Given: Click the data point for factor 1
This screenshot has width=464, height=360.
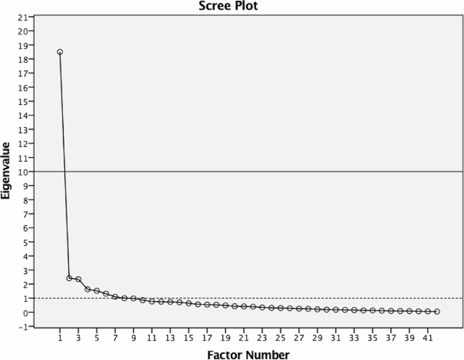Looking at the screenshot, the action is coord(60,52).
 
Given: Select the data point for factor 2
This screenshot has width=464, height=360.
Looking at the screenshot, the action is coord(69,278).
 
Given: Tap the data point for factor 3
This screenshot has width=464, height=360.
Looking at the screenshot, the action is coord(78,279).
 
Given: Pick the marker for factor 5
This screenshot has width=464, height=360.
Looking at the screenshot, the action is coord(96,291).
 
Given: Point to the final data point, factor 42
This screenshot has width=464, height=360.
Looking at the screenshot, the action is coord(437,311).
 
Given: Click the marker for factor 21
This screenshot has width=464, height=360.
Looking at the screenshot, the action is coord(244,307).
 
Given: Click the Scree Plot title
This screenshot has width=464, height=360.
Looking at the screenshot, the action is coord(228,6).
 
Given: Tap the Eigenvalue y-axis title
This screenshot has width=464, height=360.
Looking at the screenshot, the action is coord(5,171).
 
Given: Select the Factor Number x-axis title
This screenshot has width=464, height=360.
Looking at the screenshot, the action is coord(249,355).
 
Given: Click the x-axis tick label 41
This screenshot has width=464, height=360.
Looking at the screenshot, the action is coord(427,337).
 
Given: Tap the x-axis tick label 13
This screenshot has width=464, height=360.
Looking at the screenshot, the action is coord(170,337).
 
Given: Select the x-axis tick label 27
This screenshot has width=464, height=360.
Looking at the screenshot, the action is coord(299,337).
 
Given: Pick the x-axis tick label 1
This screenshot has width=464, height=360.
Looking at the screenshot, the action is coord(60,337).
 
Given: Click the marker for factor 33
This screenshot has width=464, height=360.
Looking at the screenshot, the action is coord(354,311).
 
